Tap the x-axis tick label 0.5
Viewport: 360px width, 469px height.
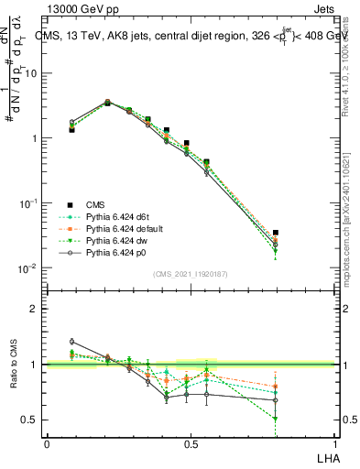coord(190,443)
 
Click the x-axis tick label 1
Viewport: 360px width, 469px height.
coord(334,443)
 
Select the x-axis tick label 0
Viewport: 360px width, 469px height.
coord(47,443)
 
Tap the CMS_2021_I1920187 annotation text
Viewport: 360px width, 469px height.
coord(191,274)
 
